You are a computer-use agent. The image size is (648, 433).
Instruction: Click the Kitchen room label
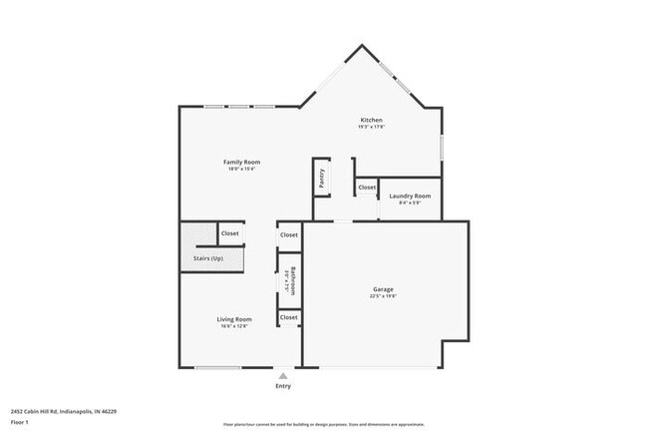coord(371,120)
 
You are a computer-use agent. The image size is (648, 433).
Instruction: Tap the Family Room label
coord(242,162)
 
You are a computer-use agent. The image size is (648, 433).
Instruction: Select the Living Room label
coord(234,319)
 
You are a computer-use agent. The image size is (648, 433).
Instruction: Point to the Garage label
coord(383,289)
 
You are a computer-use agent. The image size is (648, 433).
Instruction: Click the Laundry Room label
coord(409,196)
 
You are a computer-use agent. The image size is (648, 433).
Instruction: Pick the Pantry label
coord(322,177)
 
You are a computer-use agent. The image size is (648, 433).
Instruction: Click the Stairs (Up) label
coord(208,259)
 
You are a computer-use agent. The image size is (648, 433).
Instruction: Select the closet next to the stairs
coord(230,233)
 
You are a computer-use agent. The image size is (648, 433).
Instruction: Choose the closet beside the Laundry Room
coord(367,187)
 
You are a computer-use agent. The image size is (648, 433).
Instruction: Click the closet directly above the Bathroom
coord(289,234)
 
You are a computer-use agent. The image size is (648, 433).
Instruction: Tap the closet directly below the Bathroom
coord(289,317)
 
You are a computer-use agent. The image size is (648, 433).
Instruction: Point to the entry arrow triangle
coord(283,376)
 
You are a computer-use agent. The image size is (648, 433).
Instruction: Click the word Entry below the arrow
coord(283,386)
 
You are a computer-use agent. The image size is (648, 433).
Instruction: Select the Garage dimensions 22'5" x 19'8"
coord(383,296)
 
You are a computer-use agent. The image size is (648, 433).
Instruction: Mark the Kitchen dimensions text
coord(371,127)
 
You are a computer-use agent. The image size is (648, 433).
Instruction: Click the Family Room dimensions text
coord(242,169)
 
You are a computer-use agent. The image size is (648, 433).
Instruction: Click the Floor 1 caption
coord(20,421)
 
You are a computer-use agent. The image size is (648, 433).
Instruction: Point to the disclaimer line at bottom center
coord(324,424)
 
